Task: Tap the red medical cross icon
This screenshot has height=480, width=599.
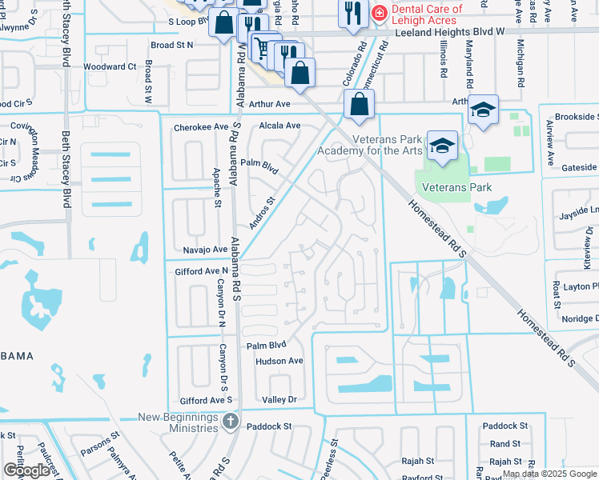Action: [x=380, y=12]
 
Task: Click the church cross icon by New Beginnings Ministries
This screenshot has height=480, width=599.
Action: [x=231, y=420]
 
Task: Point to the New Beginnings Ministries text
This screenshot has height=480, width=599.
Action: [x=178, y=422]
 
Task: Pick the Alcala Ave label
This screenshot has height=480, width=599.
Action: [x=279, y=126]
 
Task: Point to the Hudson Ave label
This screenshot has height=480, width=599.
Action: [x=279, y=361]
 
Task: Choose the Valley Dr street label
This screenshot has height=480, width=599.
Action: [x=279, y=399]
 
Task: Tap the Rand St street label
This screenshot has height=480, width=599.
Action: [x=505, y=444]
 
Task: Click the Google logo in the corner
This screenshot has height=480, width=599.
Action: [x=26, y=470]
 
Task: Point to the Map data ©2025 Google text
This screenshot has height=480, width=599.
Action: [x=549, y=474]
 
